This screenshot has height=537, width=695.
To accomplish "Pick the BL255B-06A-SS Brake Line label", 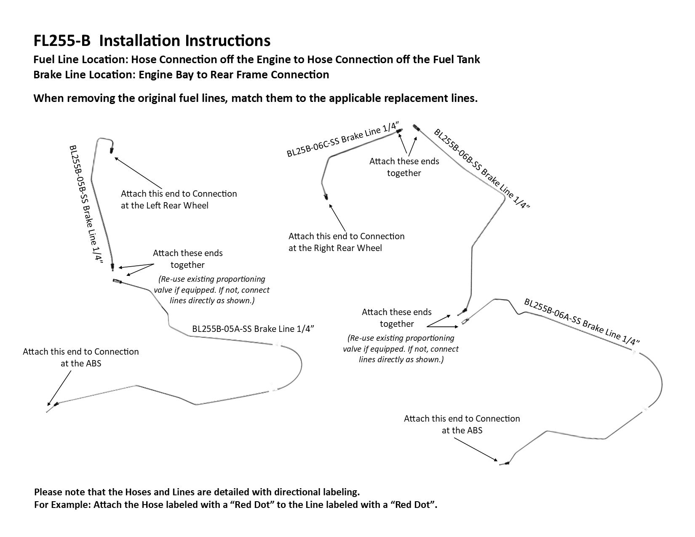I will point(582,322).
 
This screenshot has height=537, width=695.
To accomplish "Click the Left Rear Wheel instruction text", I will point(179,200).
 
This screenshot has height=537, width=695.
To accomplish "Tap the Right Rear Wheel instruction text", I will point(346,242).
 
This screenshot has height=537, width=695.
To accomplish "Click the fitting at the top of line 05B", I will point(112,149).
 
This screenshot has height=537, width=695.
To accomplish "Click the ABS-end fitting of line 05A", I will point(56,404).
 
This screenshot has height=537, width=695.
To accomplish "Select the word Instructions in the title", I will point(228,41).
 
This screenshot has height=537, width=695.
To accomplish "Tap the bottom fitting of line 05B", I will point(112,266).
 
